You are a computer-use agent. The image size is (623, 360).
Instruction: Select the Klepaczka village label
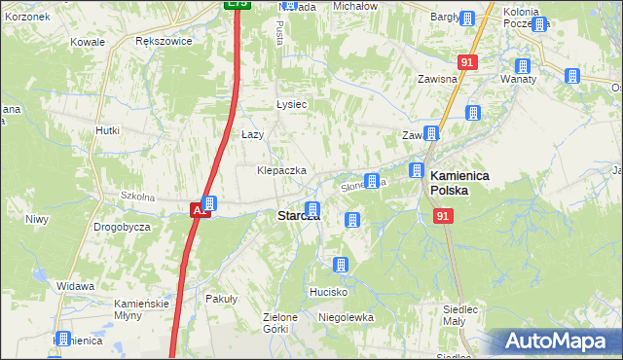click(281, 170)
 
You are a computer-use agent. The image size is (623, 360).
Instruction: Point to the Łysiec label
click(291, 104)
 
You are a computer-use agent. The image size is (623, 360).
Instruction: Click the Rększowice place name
click(164, 42)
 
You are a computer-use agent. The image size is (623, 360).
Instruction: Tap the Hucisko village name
click(328, 291)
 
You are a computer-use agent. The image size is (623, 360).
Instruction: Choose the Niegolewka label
click(346, 317)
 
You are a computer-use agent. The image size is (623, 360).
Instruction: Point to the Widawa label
click(75, 286)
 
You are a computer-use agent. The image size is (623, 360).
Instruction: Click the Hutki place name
click(107, 129)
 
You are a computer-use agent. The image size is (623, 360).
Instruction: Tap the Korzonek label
click(26, 18)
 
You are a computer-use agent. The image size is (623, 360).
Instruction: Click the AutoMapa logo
click(558, 342)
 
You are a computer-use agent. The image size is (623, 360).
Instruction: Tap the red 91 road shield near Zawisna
click(468, 61)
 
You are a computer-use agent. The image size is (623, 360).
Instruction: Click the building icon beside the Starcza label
click(312, 209)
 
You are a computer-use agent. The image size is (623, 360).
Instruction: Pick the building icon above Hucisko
click(341, 265)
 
